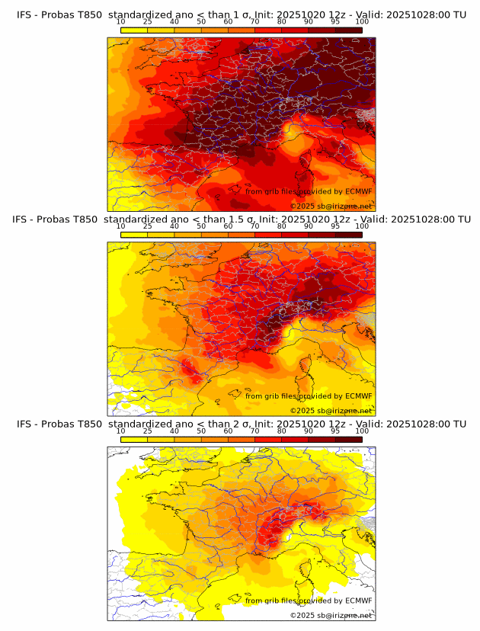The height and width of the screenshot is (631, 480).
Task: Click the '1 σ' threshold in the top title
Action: tap(240, 14)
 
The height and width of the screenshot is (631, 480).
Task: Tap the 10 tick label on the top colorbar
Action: tap(120, 21)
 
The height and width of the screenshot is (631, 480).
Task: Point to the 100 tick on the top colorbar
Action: tap(362, 21)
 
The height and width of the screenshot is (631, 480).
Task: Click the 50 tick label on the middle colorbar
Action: tap(201, 226)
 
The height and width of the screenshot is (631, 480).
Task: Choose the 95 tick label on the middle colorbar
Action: tap(335, 226)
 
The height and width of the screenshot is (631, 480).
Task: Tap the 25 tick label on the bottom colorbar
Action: tap(148, 431)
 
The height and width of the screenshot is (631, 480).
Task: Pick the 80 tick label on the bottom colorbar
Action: tap(282, 431)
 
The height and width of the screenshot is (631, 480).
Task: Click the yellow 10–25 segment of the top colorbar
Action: tap(134, 30)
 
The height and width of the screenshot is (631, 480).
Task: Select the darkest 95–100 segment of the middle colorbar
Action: tap(348, 235)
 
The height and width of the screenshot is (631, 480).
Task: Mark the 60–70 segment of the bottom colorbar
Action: tap(242, 439)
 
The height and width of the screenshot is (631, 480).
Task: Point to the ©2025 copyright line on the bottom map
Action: tap(331, 615)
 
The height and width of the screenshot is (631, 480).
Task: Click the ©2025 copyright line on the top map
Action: tap(331, 206)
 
